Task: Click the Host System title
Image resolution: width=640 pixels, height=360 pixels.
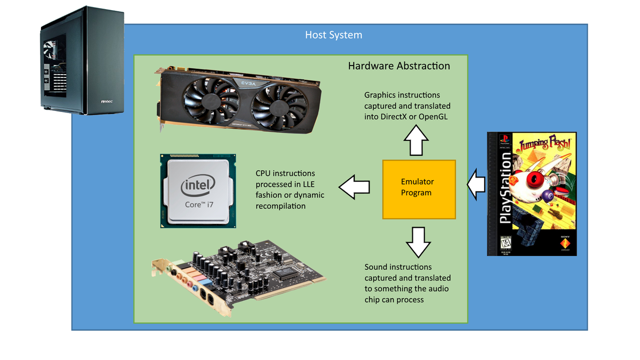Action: (333, 35)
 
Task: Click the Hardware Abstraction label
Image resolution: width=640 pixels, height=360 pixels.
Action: (399, 66)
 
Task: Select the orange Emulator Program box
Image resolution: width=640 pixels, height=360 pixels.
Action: (419, 189)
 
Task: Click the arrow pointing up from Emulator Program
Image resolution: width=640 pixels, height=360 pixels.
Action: (416, 141)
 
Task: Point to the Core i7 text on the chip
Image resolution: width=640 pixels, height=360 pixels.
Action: (199, 205)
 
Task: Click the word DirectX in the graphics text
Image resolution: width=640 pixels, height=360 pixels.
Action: (396, 117)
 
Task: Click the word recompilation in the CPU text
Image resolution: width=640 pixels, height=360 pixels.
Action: (281, 206)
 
